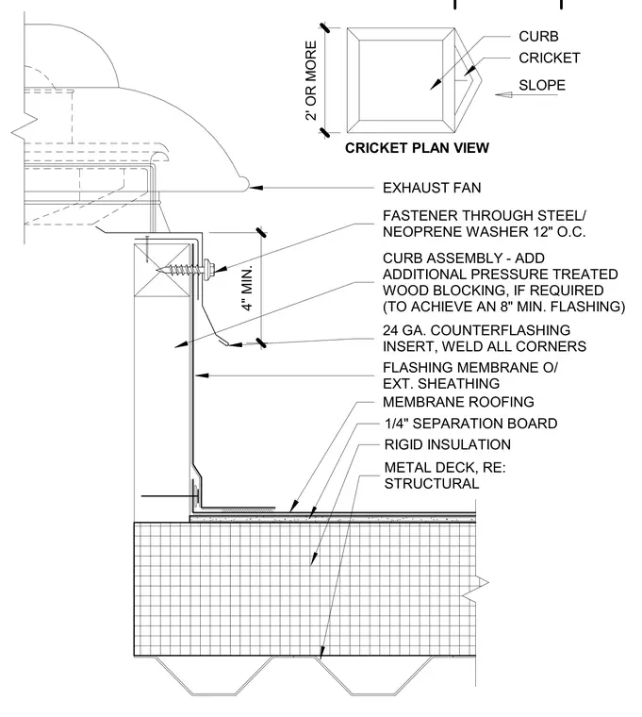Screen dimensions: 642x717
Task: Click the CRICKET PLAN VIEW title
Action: coord(417,148)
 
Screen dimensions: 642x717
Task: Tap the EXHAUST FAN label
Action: coord(432,188)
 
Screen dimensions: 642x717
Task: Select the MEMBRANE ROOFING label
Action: coord(458,402)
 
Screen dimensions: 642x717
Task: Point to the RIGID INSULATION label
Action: coord(448,444)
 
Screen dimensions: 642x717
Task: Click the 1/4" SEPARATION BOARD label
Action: coord(470,424)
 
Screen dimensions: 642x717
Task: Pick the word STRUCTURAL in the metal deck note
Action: coord(432,483)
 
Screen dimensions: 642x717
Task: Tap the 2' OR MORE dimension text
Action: coord(311,80)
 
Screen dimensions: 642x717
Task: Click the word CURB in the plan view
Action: coord(538,36)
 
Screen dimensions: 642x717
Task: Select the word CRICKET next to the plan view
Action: coord(550,58)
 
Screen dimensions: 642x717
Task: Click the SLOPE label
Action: coord(542,85)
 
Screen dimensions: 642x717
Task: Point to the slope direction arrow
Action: coord(526,94)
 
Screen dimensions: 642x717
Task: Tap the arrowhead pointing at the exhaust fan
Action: coord(255,188)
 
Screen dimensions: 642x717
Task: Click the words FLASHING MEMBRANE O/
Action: coord(470,367)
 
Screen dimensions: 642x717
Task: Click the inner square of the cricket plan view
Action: coord(401,80)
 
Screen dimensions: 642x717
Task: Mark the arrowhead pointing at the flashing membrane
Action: coord(202,375)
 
